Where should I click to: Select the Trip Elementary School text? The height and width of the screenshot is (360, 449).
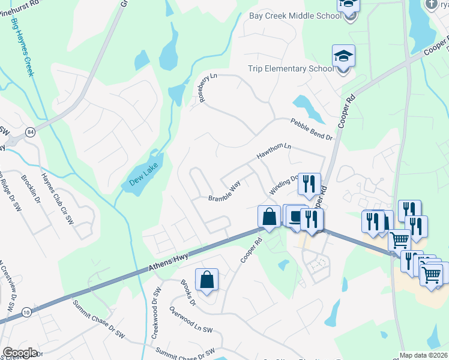pos(291,68)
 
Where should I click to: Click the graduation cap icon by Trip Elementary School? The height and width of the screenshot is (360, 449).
pos(343,57)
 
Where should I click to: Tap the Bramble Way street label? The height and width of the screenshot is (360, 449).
pos(224,191)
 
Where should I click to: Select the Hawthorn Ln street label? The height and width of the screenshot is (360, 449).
pos(274,151)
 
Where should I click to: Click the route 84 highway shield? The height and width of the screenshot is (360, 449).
pos(29,131)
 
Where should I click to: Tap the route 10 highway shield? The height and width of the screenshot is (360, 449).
pos(25,313)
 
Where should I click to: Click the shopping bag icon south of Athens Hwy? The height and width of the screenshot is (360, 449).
pos(206,279)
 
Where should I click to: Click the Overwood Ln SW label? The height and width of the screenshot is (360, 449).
pos(191,321)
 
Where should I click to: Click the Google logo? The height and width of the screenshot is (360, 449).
pos(20,353)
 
